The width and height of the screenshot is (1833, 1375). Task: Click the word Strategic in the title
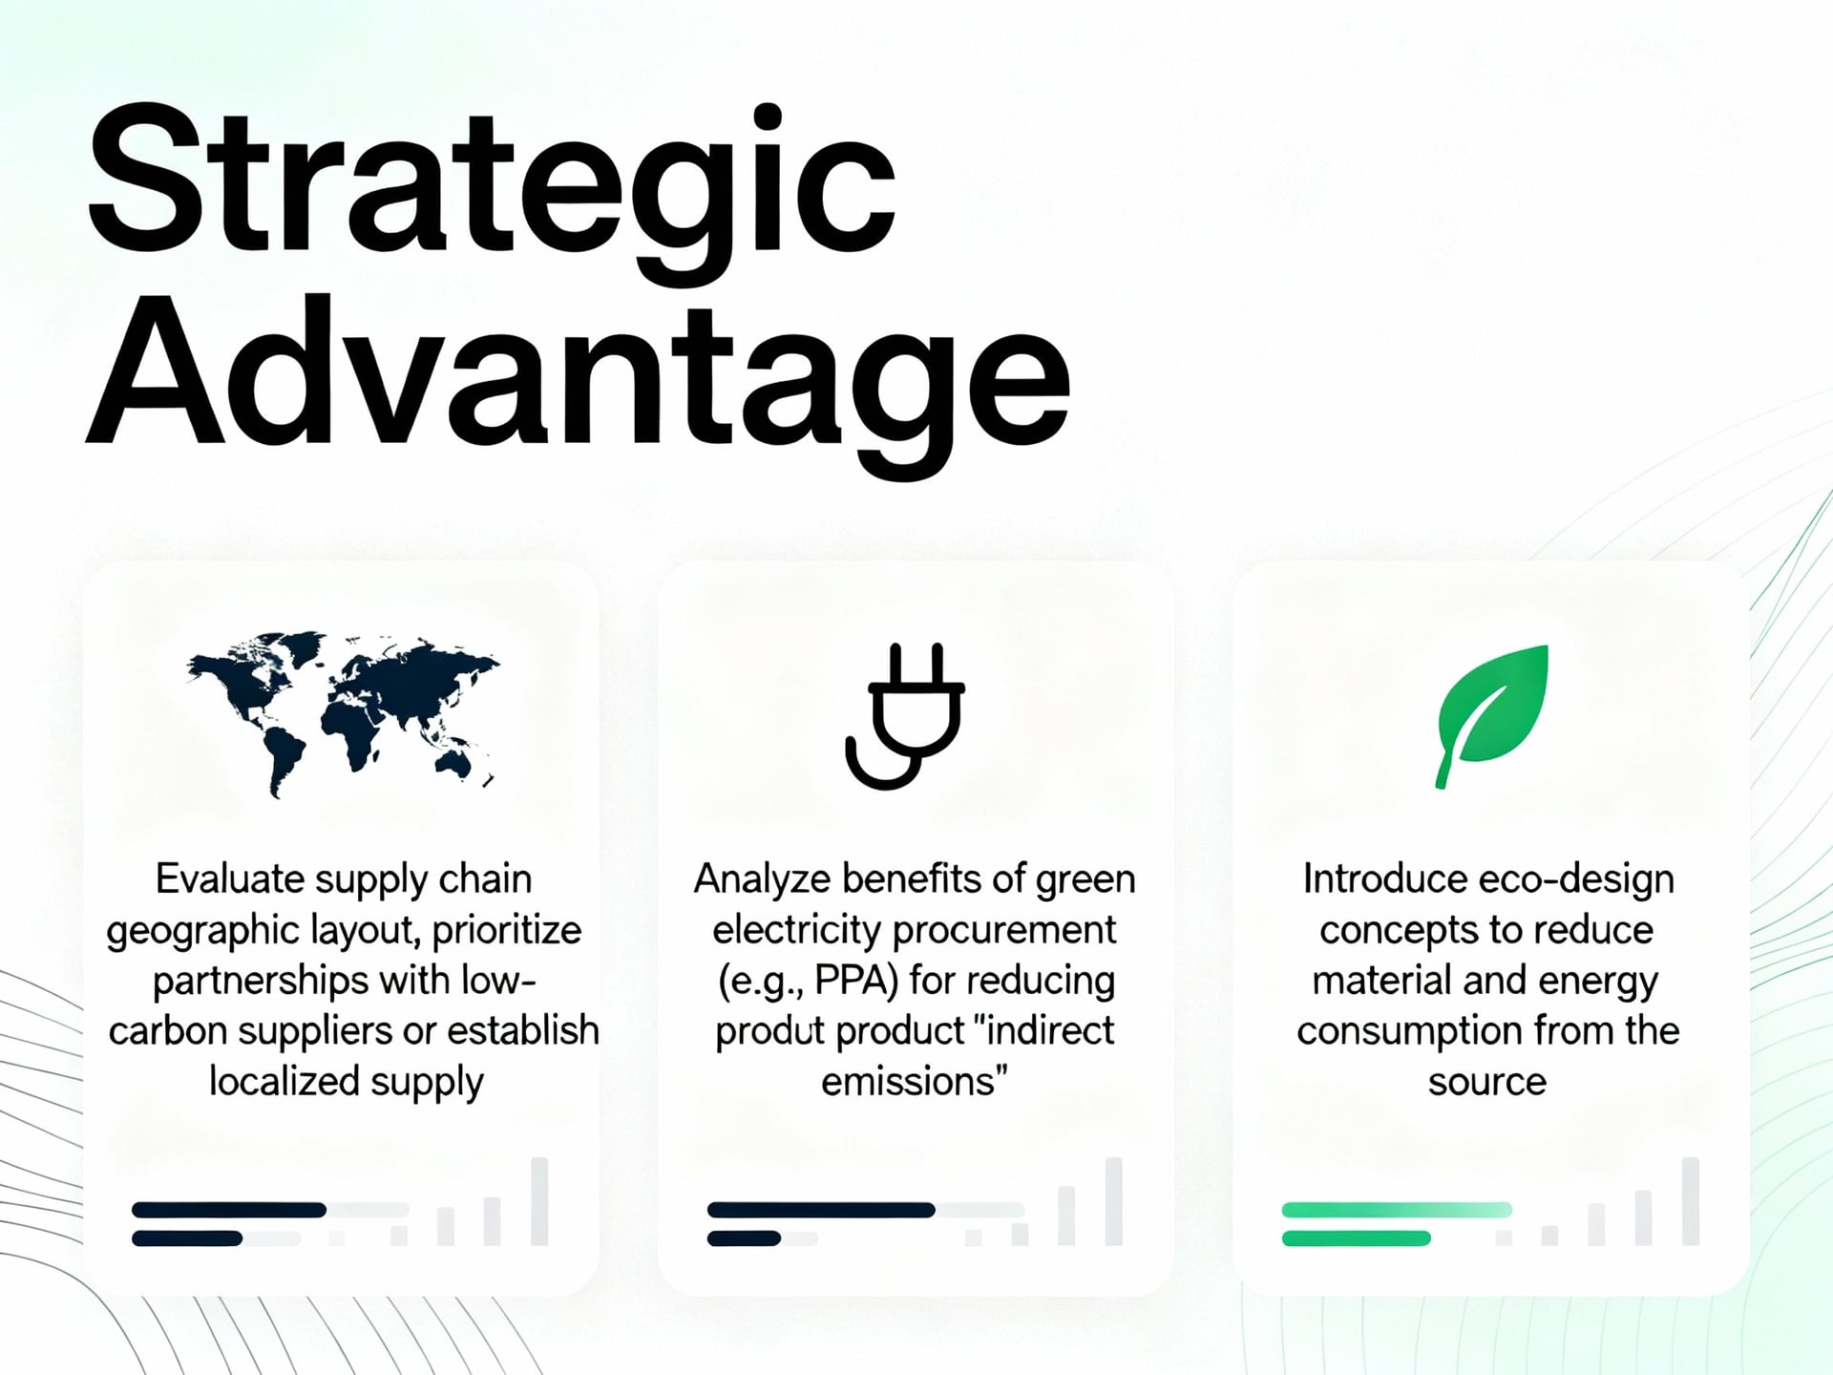(x=492, y=190)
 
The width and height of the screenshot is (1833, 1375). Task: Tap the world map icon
(x=343, y=712)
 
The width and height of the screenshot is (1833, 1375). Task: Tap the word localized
(x=284, y=1081)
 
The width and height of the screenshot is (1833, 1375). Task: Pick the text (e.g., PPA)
(x=809, y=982)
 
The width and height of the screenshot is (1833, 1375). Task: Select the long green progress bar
(x=1397, y=1210)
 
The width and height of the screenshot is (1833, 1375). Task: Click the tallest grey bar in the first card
(x=539, y=1201)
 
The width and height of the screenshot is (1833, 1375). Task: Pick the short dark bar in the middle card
(x=744, y=1238)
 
